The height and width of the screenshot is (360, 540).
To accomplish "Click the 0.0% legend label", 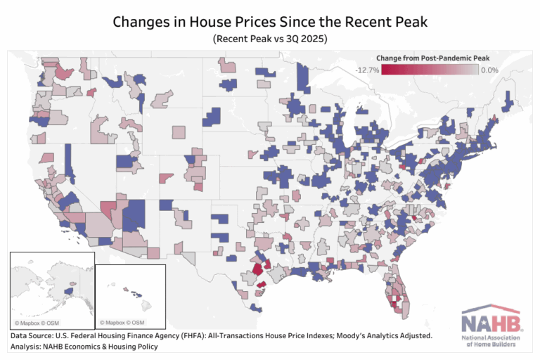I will pos(489,70).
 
